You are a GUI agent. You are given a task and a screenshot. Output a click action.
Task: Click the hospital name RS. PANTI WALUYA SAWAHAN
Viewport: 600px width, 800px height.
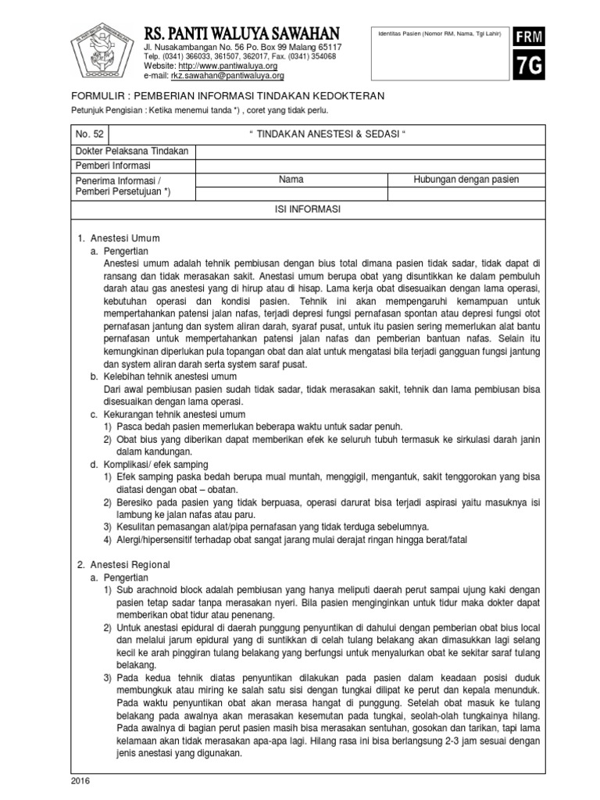coord(242,33)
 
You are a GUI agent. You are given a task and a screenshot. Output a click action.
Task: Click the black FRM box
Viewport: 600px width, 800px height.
coord(528,37)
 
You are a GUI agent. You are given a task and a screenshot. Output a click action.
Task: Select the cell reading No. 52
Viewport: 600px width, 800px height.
coord(88,134)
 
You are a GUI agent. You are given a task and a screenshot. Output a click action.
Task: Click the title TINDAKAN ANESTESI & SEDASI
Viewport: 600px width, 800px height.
coord(329,134)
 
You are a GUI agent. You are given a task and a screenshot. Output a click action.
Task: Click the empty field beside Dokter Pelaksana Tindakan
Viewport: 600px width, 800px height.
coord(370,151)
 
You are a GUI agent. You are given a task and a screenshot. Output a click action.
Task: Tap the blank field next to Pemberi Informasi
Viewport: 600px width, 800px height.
coord(370,166)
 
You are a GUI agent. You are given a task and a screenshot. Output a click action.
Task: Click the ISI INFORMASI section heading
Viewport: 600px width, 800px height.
coord(308,210)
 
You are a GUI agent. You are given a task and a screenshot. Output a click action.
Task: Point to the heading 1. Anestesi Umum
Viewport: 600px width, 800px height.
coord(118,237)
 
